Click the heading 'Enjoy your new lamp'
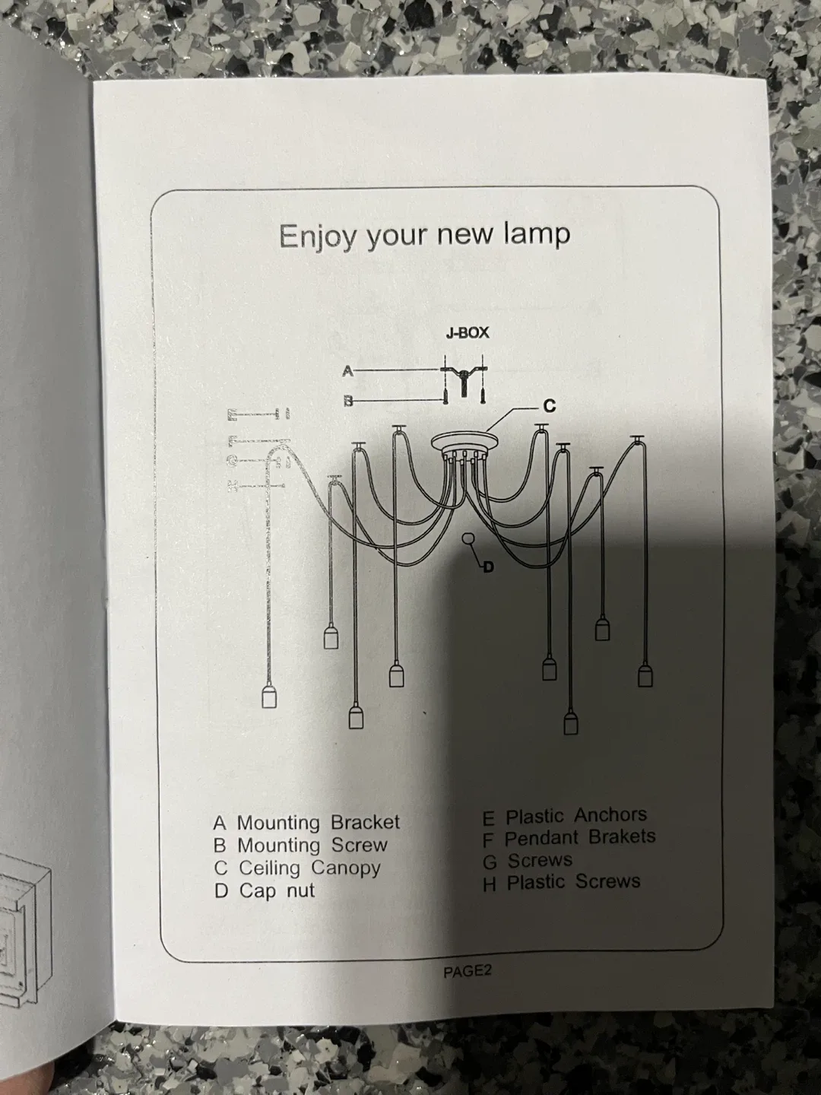pos(424,235)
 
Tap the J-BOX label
pos(467,332)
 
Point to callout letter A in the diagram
pos(347,371)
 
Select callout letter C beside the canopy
pos(550,407)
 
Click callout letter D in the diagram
pos(488,567)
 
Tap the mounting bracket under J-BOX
pos(463,373)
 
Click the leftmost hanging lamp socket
pos(268,697)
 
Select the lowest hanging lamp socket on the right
pos(571,722)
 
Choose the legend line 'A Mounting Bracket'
pos(306,823)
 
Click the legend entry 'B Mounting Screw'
pos(300,846)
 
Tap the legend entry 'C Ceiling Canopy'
pos(296,868)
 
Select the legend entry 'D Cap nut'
pos(264,891)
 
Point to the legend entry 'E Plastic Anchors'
pos(564,817)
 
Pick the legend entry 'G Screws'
pos(528,862)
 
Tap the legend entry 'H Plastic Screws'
pos(561,883)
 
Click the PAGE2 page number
pos(468,971)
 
